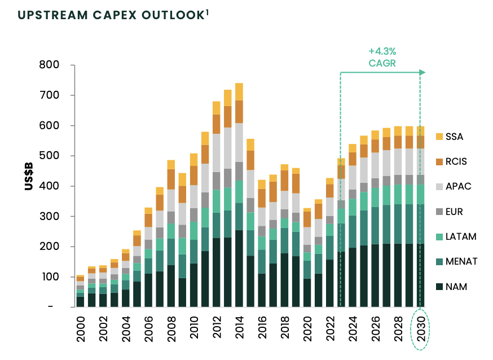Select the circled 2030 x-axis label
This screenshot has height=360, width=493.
(x=420, y=334)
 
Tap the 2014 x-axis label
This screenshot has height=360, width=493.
(x=239, y=334)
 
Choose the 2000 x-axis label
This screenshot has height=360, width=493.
(x=81, y=334)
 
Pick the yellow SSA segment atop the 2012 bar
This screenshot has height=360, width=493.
(x=216, y=108)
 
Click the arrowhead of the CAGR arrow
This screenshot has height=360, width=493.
(x=422, y=72)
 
